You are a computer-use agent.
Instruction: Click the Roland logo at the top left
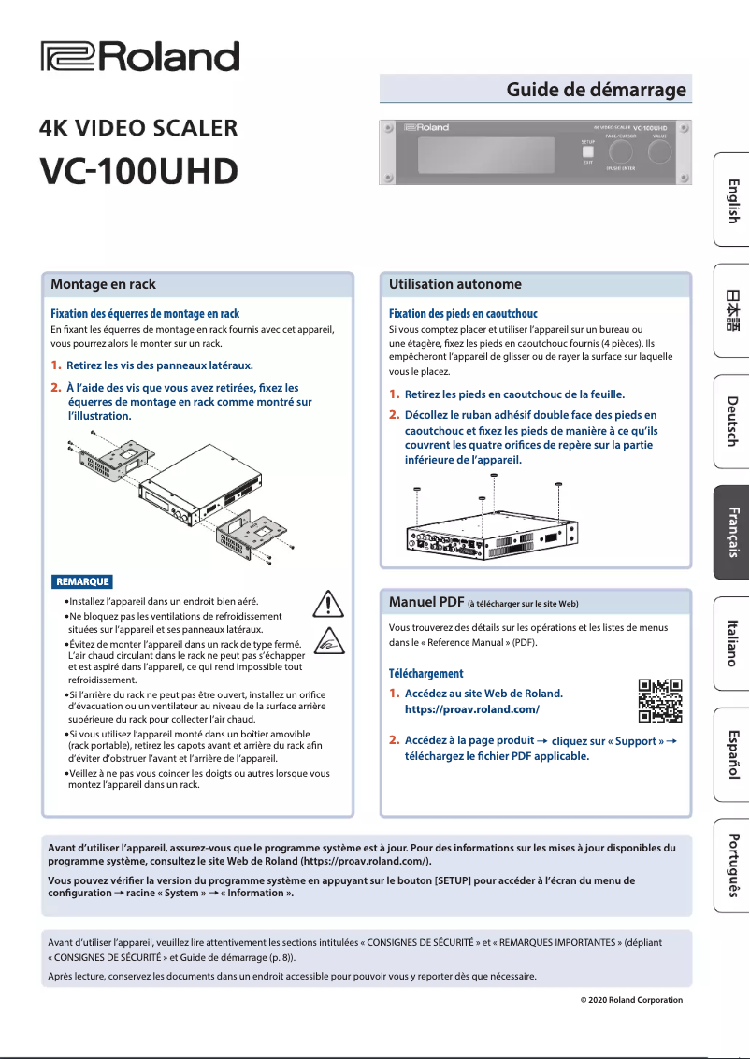point(139,57)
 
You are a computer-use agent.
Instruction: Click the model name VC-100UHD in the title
point(138,170)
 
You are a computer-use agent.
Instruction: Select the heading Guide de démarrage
point(596,90)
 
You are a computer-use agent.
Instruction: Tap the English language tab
point(732,200)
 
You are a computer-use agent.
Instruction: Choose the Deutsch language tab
point(732,421)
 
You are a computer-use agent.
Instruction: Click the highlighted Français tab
point(732,532)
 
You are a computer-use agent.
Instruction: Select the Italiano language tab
point(732,642)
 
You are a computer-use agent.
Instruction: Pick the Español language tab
point(732,753)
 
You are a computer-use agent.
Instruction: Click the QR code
point(659,701)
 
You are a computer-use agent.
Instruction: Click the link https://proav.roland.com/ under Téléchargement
point(471,710)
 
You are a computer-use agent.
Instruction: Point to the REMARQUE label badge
point(82,581)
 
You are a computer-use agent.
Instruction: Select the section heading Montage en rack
point(103,284)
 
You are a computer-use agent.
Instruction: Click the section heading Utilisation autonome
point(454,284)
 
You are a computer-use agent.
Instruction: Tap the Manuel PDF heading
point(425,601)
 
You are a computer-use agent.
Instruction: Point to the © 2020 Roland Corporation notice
point(631,1000)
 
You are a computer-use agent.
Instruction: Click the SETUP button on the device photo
point(587,152)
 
